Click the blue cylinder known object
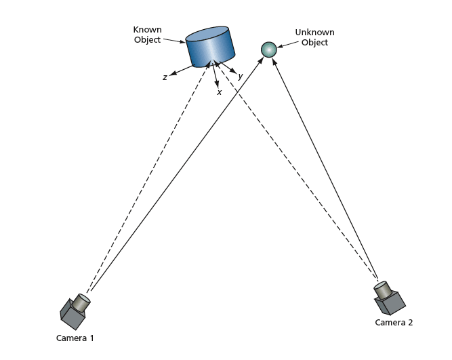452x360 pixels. [211, 48]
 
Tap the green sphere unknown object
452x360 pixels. [269, 49]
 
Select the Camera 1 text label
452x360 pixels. [75, 337]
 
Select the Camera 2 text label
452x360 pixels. [394, 322]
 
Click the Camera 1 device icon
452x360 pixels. [74, 310]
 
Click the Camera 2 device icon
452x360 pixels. [388, 296]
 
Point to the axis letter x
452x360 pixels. [219, 92]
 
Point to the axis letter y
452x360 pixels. [240, 76]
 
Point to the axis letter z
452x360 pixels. [165, 77]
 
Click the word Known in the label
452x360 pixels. [147, 30]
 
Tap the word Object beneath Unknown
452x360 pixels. [314, 43]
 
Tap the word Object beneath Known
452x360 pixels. [147, 40]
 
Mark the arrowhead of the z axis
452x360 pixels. [173, 73]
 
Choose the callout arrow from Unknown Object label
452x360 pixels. [285, 45]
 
